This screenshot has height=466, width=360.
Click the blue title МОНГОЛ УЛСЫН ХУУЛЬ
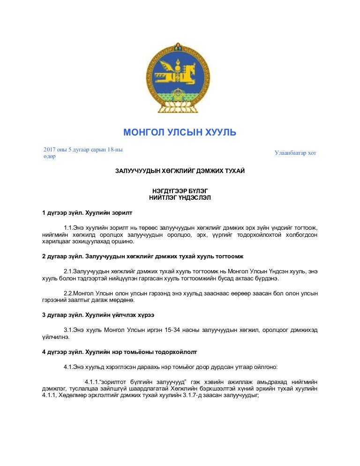[x=180, y=133]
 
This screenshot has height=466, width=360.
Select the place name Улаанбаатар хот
[x=295, y=153]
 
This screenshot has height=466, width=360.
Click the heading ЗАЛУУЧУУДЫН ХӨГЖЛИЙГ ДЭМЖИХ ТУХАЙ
[x=180, y=172]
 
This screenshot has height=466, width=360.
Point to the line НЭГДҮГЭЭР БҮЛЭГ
[x=180, y=191]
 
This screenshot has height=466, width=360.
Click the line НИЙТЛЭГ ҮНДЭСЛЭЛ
[x=180, y=198]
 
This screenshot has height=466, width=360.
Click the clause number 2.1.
[x=68, y=271]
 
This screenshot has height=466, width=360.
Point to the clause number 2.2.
[x=68, y=293]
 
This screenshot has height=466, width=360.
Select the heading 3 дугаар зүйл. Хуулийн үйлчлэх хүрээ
[x=98, y=315]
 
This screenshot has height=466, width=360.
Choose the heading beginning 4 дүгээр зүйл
[x=120, y=351]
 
